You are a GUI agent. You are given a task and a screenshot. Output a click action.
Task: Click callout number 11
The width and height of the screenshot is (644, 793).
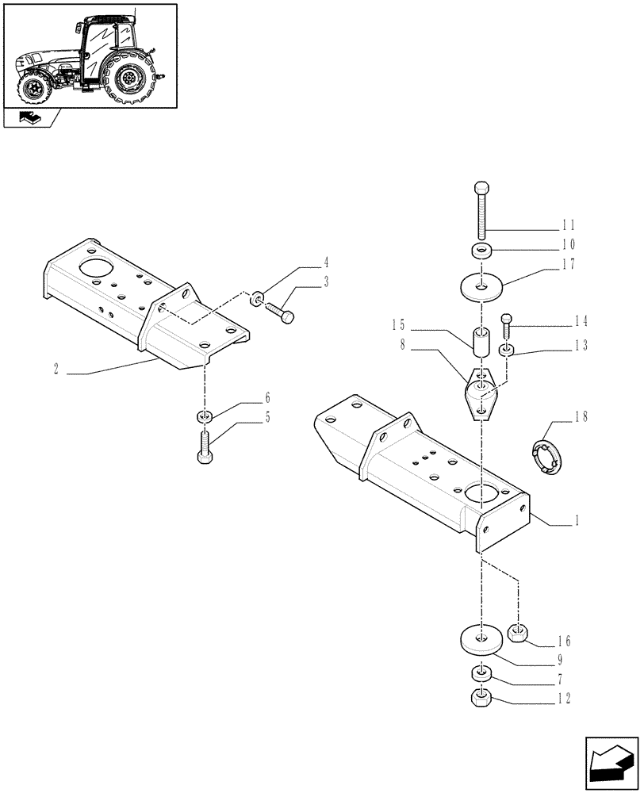[568, 225]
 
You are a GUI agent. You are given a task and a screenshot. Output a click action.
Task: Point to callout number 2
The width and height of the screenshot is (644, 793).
[56, 369]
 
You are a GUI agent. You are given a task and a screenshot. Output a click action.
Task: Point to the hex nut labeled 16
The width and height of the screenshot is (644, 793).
[519, 632]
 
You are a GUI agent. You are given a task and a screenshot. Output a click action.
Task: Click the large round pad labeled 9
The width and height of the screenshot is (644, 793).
[481, 639]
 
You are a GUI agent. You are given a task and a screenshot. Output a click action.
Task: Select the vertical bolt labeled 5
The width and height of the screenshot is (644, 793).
[204, 448]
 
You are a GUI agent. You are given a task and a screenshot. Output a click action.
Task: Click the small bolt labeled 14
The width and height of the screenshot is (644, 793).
[507, 327]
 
